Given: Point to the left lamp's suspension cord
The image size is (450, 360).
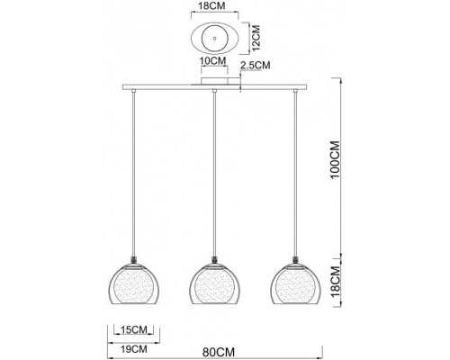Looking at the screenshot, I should [x=134, y=171].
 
